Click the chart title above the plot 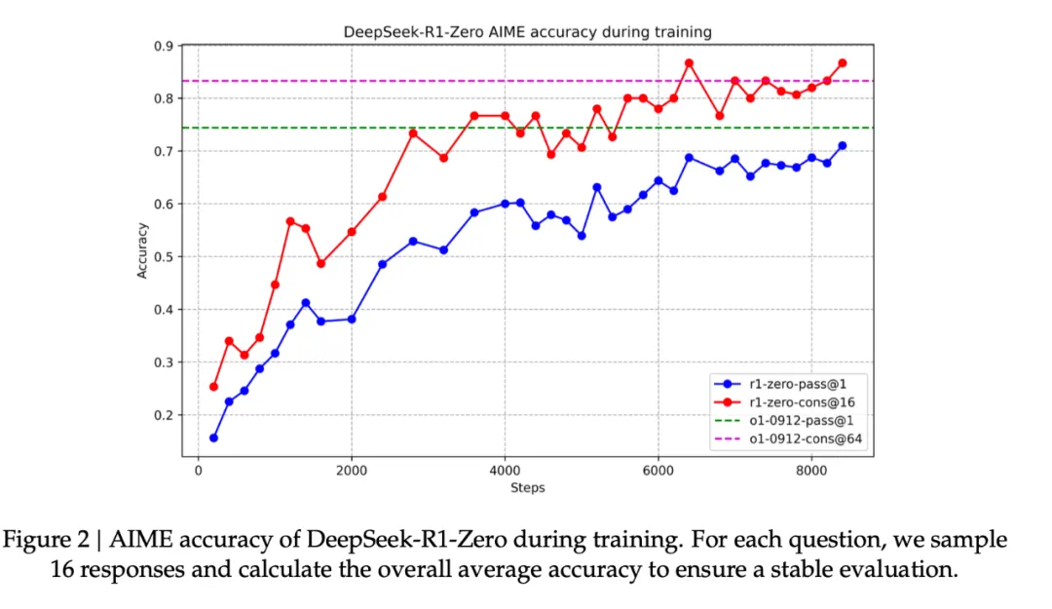coord(527,32)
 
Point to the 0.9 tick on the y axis coord(166,46)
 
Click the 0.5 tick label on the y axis coord(166,257)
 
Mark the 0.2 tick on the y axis coord(166,415)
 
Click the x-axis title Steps coord(527,487)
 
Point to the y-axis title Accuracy coord(142,250)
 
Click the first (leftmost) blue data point coord(213,438)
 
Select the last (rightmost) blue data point coord(842,145)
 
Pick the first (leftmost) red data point coord(213,387)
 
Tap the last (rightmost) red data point coord(842,63)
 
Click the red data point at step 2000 coord(352,232)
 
